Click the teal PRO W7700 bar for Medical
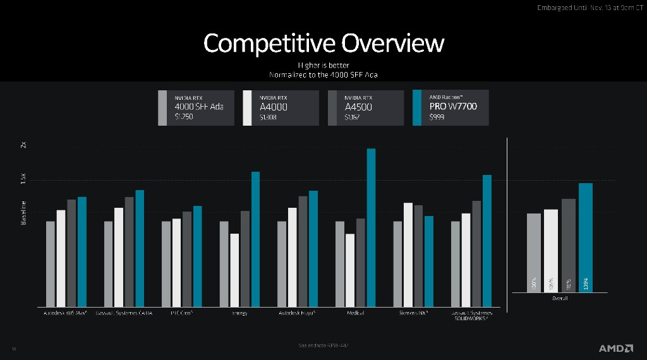tap(371, 227)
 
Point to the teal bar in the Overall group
tap(586, 237)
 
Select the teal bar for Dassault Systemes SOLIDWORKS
tap(487, 241)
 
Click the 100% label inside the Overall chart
tap(534, 284)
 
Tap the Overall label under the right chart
tap(560, 298)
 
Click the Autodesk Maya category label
tap(296, 313)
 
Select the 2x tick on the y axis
tap(23, 145)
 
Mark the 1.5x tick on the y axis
tap(23, 180)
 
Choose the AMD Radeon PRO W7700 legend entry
tap(450, 107)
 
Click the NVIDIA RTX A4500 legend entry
tap(366, 107)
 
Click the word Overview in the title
tap(392, 43)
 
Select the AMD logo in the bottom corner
tap(616, 348)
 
